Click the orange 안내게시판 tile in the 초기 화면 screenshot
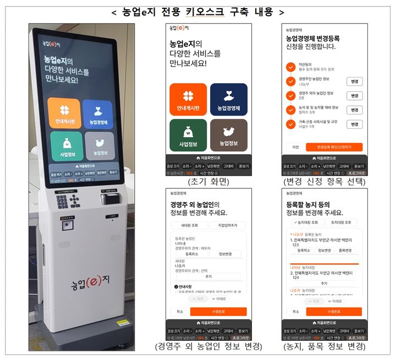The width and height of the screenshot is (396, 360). pos(188,100)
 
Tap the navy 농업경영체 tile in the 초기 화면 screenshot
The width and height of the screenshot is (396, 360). pos(228,100)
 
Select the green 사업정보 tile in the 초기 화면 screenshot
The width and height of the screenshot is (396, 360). pos(188,135)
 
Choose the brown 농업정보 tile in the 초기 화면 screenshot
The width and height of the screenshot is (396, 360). pos(228,135)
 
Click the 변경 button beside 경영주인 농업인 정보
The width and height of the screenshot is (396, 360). pos(355,81)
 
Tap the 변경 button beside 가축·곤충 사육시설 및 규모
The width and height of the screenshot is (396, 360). pos(355,124)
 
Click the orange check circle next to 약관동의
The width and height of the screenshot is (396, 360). pos(290,67)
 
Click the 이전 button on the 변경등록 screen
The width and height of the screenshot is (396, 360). pos(295,147)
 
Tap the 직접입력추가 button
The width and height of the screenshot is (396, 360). pos(228,225)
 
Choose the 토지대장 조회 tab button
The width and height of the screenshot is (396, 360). pos(341,223)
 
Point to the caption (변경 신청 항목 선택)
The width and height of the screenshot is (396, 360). pos(324,181)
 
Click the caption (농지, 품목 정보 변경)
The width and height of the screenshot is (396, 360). pos(324,347)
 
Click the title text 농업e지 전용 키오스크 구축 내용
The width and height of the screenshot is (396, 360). pos(197,11)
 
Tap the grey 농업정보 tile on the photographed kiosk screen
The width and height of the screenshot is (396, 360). pos(100,146)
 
